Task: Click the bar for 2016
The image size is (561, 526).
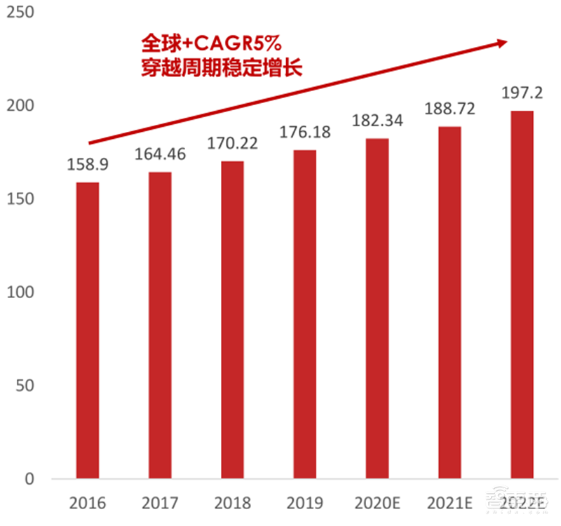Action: pos(88,330)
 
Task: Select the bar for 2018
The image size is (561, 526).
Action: pos(232,320)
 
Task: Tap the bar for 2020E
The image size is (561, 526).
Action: pos(377,309)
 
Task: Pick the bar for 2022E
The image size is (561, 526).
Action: pos(522,295)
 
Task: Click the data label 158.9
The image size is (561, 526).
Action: pos(88,166)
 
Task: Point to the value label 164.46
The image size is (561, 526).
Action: pos(160,155)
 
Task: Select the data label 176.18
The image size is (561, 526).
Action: pos(304,133)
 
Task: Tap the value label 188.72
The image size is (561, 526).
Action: pos(450,109)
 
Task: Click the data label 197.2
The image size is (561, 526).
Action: pos(522,93)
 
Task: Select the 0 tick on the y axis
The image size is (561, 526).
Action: pos(29,479)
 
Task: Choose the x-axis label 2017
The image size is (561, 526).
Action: pos(160,503)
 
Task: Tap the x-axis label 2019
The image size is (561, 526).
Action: pos(304,503)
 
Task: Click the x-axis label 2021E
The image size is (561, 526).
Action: pos(450,503)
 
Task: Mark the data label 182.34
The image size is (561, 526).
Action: pos(377,121)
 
